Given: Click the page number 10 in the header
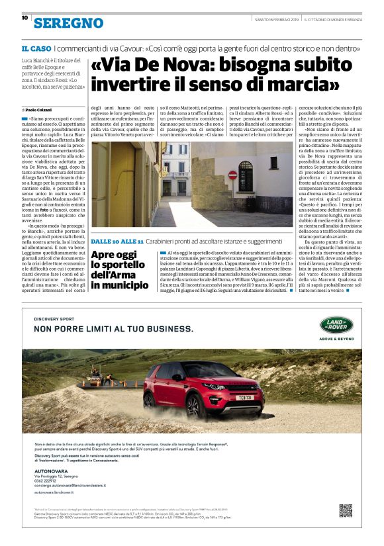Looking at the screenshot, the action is coord(24,18).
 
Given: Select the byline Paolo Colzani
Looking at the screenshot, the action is coord(38,109).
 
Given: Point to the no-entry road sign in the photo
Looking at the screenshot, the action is coord(232,175).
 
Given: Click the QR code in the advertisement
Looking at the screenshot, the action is coord(345,510).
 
